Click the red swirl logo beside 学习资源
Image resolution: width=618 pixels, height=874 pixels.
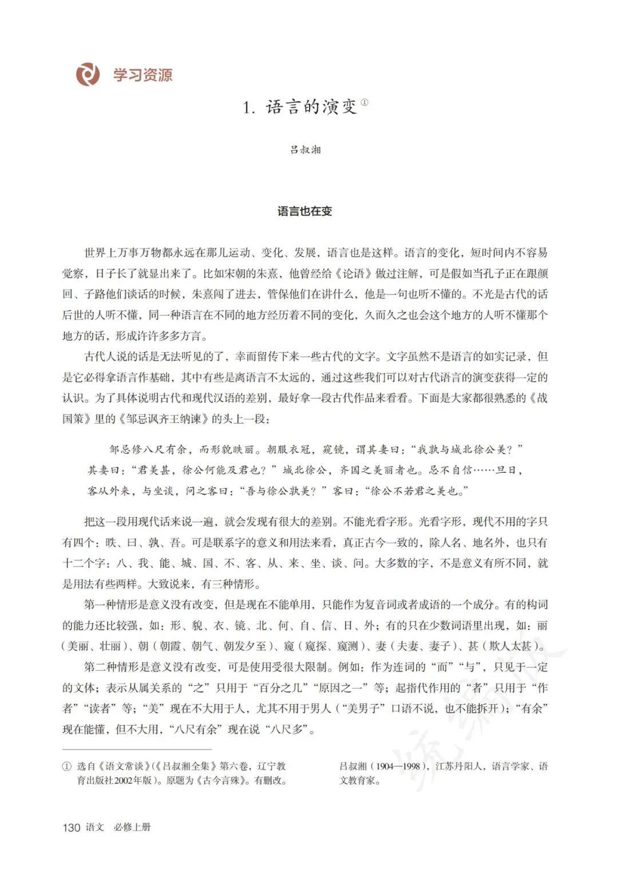click(88, 74)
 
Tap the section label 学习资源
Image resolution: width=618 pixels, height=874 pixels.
click(142, 75)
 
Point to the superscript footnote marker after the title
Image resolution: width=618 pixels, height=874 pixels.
click(365, 103)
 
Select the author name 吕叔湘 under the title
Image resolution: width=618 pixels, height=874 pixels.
click(305, 150)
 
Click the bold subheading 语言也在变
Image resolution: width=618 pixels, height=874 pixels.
click(304, 211)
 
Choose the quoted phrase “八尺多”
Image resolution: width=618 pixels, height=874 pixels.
click(290, 729)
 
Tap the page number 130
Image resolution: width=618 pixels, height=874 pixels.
click(71, 827)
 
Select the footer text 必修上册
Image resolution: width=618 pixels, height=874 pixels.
click(132, 827)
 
